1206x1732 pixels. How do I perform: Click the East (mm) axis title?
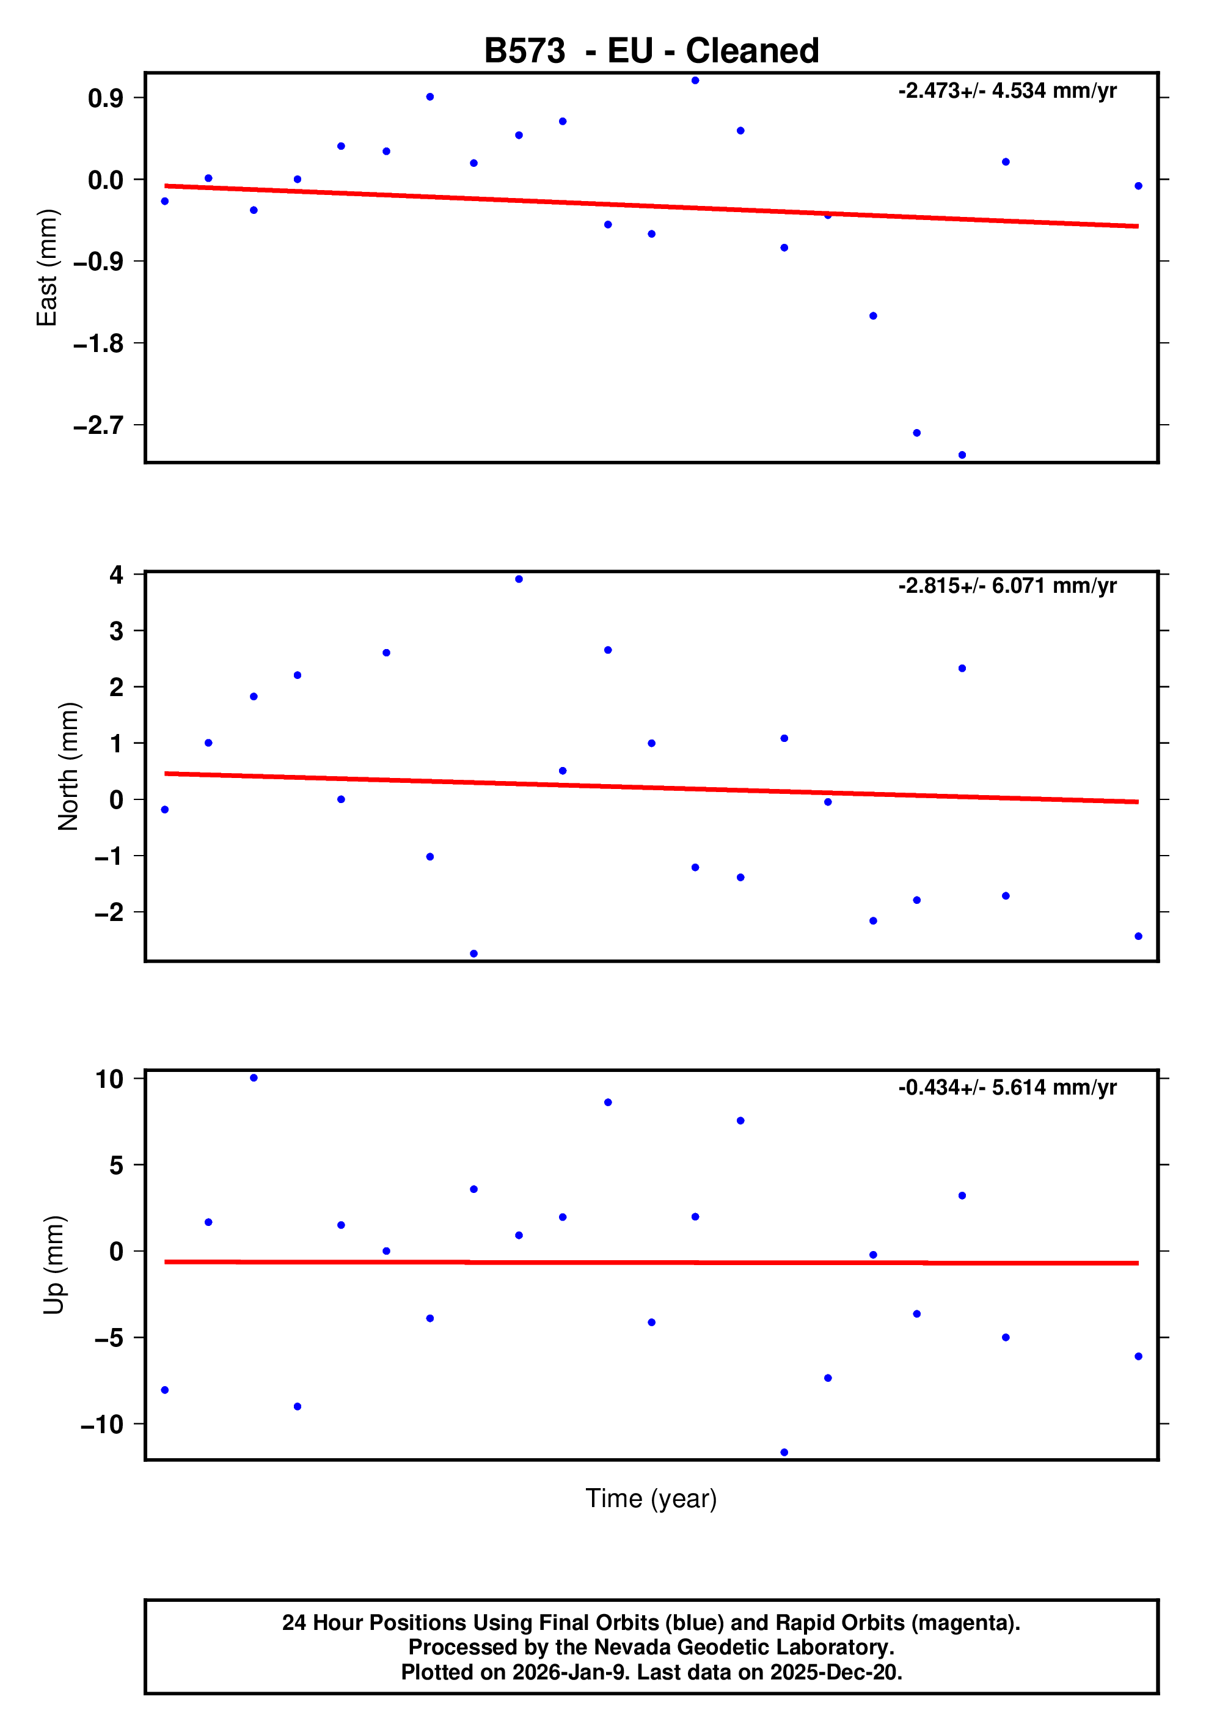coord(47,268)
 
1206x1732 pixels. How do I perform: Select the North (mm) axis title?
coord(68,766)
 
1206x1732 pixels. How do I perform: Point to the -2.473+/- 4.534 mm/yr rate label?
coord(1007,90)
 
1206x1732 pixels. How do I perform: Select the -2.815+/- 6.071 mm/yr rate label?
coord(1007,585)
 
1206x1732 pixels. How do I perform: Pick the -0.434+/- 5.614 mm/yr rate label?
coord(1007,1087)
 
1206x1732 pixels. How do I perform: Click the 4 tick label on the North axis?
coord(116,575)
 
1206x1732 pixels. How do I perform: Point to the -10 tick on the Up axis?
coord(102,1424)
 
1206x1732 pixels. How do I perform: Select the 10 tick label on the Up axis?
coord(109,1079)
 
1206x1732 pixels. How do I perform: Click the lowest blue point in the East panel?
coord(962,455)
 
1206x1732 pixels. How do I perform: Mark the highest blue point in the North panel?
coord(519,579)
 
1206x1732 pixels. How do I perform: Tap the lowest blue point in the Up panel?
coord(784,1452)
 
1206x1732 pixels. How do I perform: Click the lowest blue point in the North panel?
coord(473,953)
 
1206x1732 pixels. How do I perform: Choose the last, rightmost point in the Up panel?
coord(1138,1356)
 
